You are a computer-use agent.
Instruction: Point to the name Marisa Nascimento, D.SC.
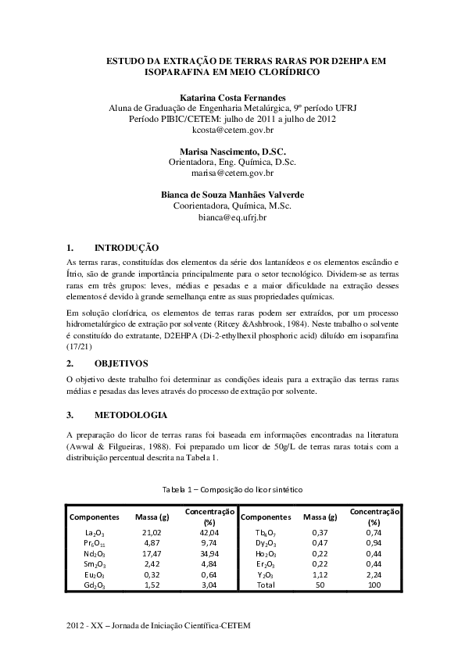232,150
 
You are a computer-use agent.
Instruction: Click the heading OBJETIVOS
121,363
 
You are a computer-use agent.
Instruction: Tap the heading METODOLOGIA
130,414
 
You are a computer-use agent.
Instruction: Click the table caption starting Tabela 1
232,488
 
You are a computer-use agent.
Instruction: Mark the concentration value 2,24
374,574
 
